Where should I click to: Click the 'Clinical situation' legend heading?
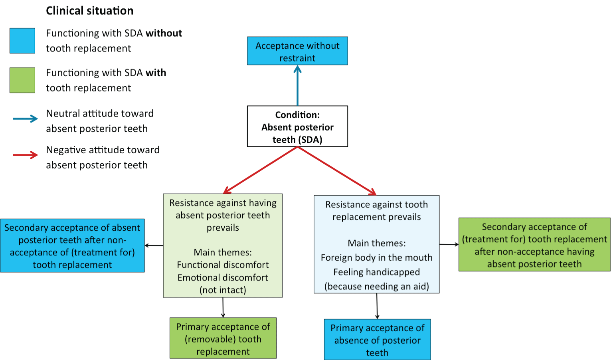89,11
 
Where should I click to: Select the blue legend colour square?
22,41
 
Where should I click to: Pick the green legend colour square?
22,80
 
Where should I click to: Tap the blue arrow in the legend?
26,119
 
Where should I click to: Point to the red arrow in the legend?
26,155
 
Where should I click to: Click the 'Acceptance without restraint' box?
297,51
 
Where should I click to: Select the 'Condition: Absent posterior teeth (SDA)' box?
297,127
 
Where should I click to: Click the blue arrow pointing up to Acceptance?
297,85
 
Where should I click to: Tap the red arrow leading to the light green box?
261,170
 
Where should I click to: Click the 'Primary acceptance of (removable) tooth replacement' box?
223,338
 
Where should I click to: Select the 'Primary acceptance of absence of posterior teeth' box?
377,340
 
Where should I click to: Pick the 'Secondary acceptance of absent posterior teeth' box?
72,246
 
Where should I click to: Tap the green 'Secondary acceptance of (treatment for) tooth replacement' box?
534,245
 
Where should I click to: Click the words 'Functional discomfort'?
223,265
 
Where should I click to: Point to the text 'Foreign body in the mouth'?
376,258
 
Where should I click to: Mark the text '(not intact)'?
223,290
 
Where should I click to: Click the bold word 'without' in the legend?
164,33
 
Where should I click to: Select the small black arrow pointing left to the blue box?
154,245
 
